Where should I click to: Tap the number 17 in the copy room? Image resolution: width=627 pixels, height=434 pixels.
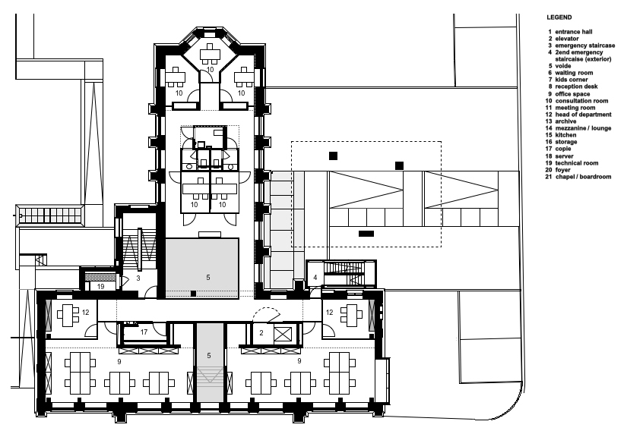pos(144,332)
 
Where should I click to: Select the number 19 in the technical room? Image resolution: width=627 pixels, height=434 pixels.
pos(100,287)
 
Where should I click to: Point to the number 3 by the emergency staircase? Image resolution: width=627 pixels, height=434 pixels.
pos(138,279)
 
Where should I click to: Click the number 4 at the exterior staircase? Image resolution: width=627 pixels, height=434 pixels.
pos(315,278)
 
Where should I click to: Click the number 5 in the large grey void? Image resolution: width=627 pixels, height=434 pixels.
pos(207,278)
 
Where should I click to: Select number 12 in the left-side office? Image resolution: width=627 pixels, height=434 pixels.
pos(86,313)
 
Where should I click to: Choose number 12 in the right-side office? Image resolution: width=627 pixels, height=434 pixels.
pos(328,312)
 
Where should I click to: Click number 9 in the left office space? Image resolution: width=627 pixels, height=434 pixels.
pos(119,362)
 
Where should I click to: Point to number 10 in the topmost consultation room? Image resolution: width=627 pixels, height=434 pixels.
pos(210,69)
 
